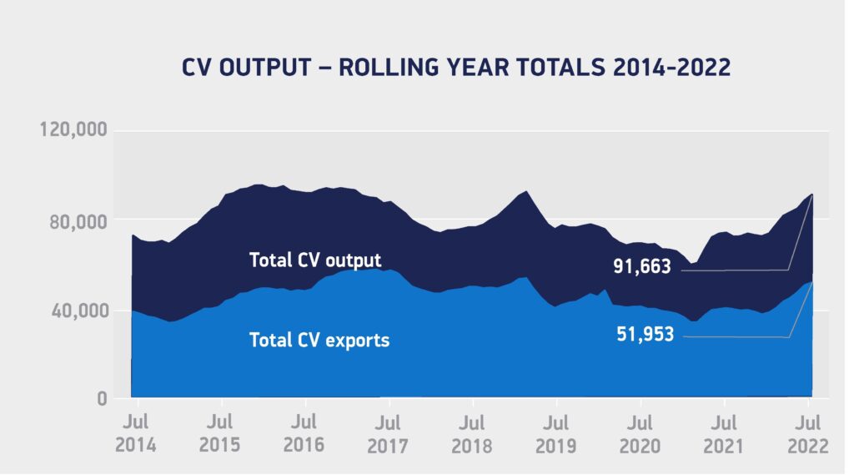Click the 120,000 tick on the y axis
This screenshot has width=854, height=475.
[73, 130]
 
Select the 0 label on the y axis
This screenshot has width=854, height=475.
[101, 399]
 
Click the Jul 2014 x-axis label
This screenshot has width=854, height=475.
[135, 433]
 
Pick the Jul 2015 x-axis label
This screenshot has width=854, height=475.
[219, 433]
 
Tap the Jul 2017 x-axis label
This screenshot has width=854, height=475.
[388, 433]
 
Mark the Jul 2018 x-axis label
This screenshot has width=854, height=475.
[472, 433]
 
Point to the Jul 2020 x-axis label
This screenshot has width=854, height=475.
[640, 433]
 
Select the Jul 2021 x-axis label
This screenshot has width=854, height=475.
[725, 433]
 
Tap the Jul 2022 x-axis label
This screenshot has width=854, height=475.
[807, 433]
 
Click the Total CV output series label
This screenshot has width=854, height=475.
[314, 260]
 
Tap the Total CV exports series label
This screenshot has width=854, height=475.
[319, 340]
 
